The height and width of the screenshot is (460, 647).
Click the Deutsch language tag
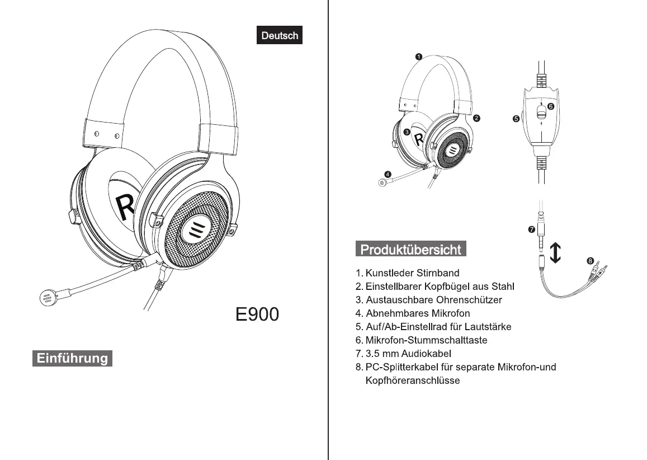click(x=280, y=35)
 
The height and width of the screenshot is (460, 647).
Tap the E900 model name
click(x=257, y=315)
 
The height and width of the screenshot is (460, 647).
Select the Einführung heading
click(x=73, y=358)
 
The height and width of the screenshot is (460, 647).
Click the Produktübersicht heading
click(x=411, y=249)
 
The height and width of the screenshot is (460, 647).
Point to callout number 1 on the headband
click(x=419, y=56)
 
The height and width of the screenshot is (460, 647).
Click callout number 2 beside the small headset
click(x=476, y=118)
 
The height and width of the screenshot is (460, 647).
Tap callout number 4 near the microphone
click(x=388, y=173)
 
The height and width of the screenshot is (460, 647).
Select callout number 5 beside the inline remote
click(x=517, y=119)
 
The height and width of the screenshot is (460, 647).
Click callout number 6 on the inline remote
click(x=551, y=106)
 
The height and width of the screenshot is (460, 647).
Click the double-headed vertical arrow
click(x=555, y=252)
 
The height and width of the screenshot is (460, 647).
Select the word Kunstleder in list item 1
click(x=389, y=273)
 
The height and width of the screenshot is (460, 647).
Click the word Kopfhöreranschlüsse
click(x=412, y=381)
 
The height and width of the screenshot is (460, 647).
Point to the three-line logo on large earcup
click(x=195, y=228)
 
